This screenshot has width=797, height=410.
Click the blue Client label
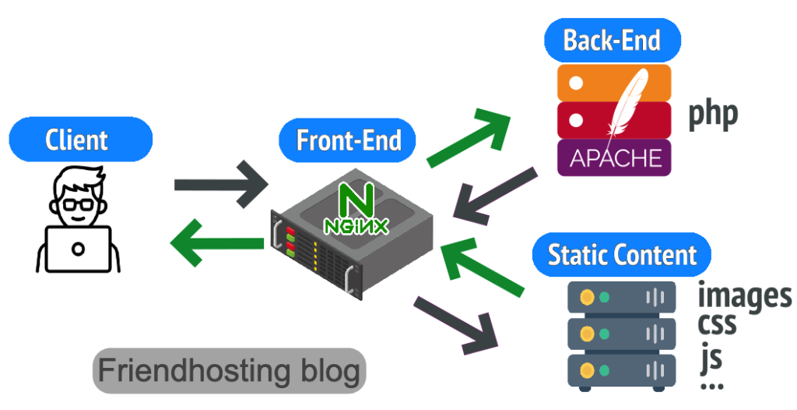(76, 140)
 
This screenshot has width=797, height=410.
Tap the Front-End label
(348, 140)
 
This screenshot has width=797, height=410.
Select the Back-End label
(611, 40)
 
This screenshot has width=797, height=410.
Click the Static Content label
(622, 255)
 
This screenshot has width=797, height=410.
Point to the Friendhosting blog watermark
(230, 369)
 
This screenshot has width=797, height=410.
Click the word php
(712, 115)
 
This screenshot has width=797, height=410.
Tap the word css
(717, 323)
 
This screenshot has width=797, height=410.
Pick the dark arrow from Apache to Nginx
(495, 196)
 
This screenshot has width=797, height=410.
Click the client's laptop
(77, 248)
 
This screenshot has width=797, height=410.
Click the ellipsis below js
(711, 385)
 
